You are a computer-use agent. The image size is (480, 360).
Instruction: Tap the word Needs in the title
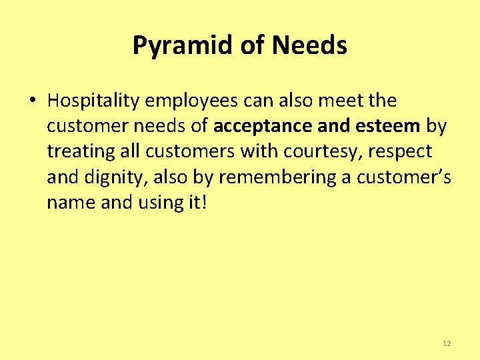pos(309,46)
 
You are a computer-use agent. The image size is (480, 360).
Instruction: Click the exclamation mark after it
pos(205,203)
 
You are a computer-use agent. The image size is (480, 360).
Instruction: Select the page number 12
pos(447,343)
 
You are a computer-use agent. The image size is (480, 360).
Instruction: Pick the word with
pos(261,152)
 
